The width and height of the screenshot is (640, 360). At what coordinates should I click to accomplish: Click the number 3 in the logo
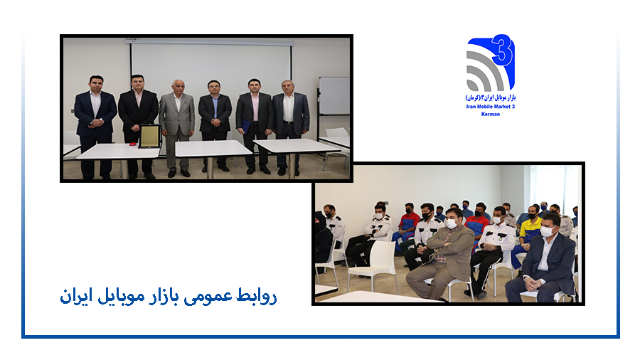click(503, 50)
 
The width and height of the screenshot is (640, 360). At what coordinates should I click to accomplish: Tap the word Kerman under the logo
click(491, 115)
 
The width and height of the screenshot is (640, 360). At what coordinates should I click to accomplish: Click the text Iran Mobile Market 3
click(491, 107)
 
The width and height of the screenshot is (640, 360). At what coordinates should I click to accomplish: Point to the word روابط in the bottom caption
click(256, 296)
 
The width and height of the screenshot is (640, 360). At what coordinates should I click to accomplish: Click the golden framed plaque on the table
click(150, 136)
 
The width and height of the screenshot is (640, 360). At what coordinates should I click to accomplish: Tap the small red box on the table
click(133, 144)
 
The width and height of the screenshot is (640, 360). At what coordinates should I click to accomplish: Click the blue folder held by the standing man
click(246, 126)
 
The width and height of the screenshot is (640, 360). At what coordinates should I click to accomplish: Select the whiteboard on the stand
click(334, 96)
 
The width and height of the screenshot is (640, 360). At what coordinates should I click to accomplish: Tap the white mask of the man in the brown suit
click(451, 223)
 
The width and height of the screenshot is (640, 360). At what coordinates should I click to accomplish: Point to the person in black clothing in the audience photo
click(322, 238)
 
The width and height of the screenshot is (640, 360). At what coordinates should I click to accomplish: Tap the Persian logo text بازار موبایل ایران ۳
click(491, 97)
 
